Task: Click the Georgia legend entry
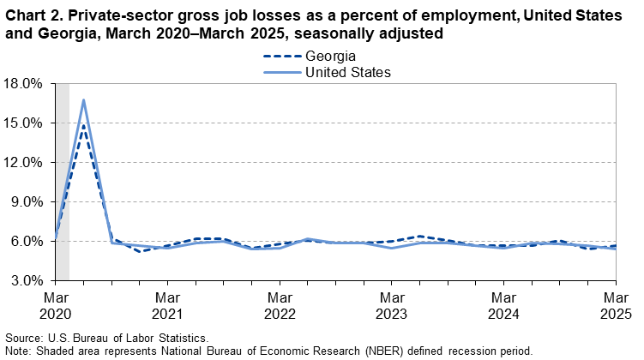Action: click(x=330, y=57)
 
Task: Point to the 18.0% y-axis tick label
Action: click(x=23, y=84)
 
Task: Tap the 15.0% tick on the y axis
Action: click(x=23, y=123)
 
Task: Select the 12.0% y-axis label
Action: click(x=23, y=163)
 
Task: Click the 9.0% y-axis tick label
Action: click(x=27, y=202)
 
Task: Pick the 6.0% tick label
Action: click(x=27, y=242)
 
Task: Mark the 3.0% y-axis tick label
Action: click(x=27, y=280)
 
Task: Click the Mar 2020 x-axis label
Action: click(x=56, y=303)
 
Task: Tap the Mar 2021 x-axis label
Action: click(x=168, y=303)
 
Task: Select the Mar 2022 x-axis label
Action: click(x=280, y=303)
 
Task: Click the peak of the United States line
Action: click(x=83, y=100)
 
